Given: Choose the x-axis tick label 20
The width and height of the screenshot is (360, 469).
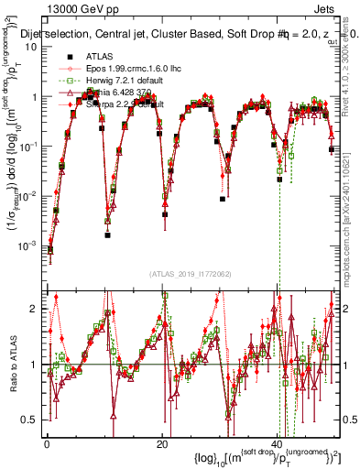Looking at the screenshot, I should coord(161,444).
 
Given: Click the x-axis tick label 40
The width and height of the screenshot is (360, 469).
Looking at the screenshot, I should coord(277,444).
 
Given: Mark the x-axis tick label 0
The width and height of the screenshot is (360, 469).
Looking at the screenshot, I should coord(46,444).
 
